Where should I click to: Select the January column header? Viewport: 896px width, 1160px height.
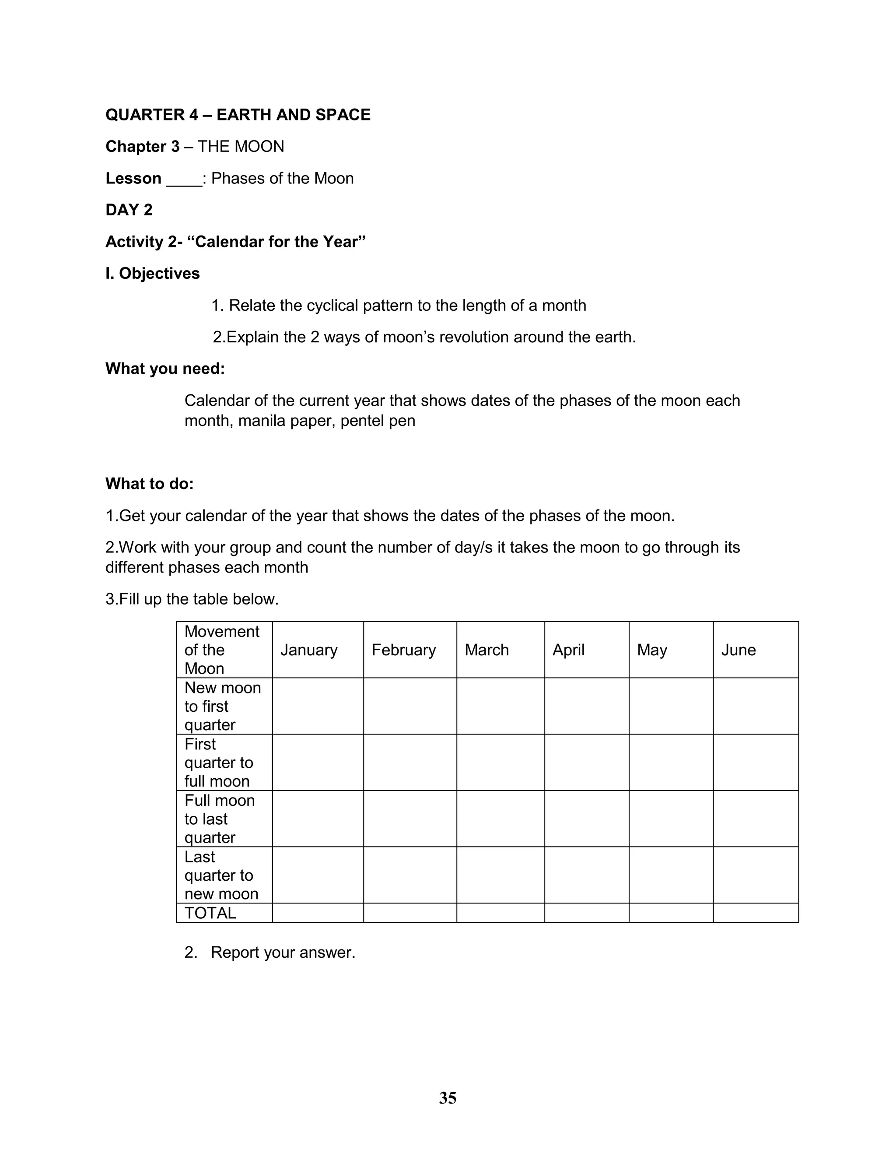309,650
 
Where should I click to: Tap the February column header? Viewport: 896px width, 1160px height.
403,650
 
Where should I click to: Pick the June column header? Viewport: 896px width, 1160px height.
738,650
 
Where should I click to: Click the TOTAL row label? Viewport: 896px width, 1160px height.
210,913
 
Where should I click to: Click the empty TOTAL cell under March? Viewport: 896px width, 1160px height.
500,913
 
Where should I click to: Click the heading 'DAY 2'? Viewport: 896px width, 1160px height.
129,210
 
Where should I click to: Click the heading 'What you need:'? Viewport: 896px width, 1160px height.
165,369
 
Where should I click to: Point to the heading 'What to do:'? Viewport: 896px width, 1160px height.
150,484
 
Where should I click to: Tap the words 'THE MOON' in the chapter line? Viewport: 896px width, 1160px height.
241,147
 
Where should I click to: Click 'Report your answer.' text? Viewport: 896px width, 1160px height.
282,953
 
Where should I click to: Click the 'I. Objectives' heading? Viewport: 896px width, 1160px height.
153,274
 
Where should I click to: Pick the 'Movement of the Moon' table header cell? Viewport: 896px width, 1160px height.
222,650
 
